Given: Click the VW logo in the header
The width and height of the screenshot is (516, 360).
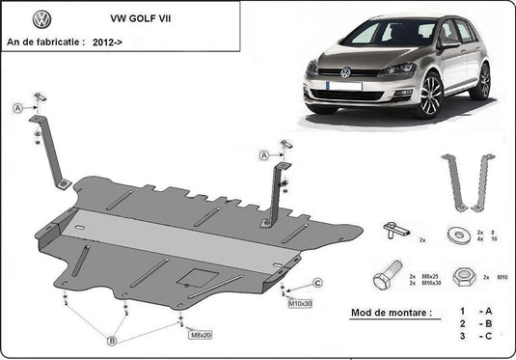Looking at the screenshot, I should coord(41,18).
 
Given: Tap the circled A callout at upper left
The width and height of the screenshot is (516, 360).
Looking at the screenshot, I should coord(17,108).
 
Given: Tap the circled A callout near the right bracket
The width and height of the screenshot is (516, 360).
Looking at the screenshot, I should coord(262,154).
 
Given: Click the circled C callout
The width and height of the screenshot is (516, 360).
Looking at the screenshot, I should coord(316,283).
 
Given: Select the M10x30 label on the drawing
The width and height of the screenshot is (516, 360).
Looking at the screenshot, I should coord(300,303).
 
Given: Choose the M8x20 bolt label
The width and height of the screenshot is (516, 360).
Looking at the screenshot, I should coord(201,335).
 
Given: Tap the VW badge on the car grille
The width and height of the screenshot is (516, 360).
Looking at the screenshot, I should coord(345,72).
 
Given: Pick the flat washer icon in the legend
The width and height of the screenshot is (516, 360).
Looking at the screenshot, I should coord(456,235).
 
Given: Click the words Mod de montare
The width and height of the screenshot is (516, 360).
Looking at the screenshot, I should coord(392,315).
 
